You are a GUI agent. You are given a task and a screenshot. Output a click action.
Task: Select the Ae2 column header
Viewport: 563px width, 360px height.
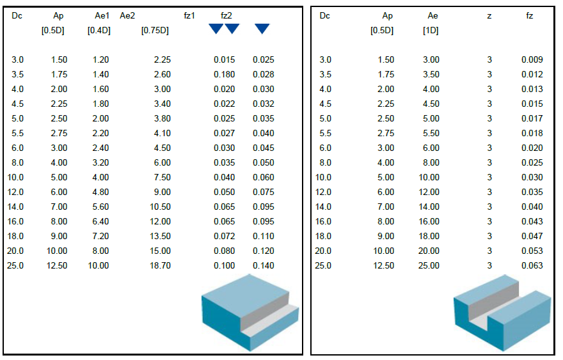tap(127, 16)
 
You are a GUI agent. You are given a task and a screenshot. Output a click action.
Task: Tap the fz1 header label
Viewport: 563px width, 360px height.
tap(189, 16)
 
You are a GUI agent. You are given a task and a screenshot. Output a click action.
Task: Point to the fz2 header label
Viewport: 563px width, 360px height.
tap(226, 16)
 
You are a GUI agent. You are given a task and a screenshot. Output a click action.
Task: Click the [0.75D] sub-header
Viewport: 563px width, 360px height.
tap(155, 30)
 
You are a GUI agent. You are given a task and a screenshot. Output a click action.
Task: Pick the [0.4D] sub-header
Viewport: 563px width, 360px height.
tap(99, 30)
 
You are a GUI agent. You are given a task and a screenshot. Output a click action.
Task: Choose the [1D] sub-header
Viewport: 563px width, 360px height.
tap(430, 30)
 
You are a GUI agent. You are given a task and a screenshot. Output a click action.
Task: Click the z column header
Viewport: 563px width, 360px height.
tap(489, 16)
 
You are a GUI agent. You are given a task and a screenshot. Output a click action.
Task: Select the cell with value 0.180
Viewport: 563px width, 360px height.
tap(225, 74)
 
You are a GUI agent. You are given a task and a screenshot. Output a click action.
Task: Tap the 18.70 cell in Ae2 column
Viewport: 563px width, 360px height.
tap(160, 265)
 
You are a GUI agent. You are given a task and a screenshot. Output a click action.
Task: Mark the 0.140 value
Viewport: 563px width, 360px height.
tap(263, 265)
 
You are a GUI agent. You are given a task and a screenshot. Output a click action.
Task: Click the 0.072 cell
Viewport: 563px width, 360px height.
tap(225, 236)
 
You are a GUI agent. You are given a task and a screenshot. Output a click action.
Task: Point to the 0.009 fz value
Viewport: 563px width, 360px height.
tap(532, 59)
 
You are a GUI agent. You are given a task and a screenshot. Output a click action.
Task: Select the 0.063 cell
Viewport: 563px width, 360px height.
tap(532, 265)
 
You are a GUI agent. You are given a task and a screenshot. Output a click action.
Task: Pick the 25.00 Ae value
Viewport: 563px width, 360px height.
tap(429, 265)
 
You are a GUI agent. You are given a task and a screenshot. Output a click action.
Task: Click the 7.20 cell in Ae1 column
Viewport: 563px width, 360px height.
tap(100, 236)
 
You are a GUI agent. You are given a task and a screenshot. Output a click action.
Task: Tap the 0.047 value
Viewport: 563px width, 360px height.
tap(532, 236)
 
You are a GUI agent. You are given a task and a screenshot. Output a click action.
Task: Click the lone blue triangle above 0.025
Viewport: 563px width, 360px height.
tap(262, 29)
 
